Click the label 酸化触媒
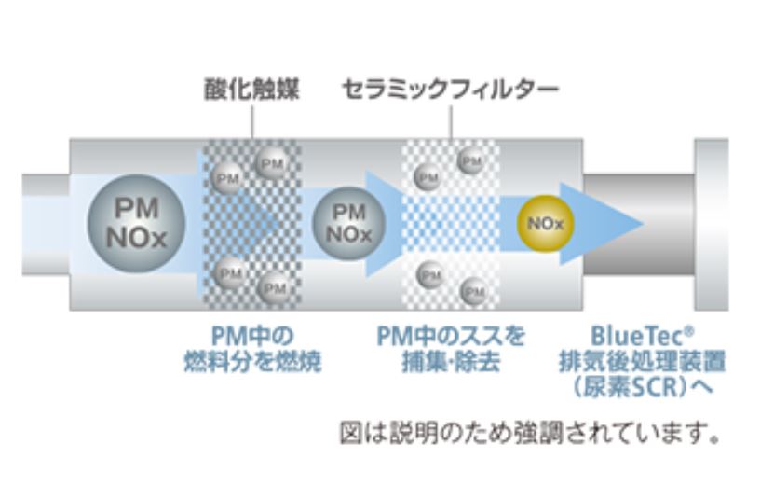pyautogui.click(x=251, y=90)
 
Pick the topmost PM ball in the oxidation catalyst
pyautogui.click(x=272, y=162)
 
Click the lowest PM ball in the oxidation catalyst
pyautogui.click(x=274, y=287)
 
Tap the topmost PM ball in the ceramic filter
pyautogui.click(x=471, y=161)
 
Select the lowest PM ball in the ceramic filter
pyautogui.click(x=474, y=290)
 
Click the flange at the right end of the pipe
pyautogui.click(x=712, y=224)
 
